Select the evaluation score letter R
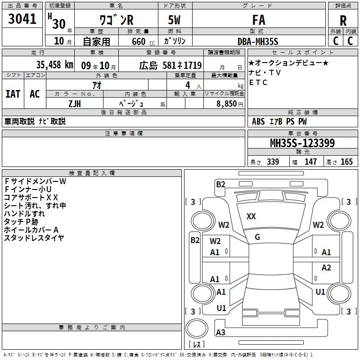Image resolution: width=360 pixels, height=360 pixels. pyautogui.click(x=343, y=21)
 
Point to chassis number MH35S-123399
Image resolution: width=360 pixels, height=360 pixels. pyautogui.click(x=302, y=144)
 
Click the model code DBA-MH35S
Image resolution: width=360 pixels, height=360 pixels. pyautogui.click(x=258, y=41)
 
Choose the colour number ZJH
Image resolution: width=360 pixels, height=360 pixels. pyautogui.click(x=74, y=104)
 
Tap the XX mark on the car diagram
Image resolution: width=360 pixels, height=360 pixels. pyautogui.click(x=251, y=216)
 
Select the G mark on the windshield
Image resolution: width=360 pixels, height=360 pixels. pyautogui.click(x=257, y=237)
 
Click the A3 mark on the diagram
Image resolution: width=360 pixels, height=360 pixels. pyautogui.click(x=220, y=333)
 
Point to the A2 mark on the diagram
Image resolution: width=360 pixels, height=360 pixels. pyautogui.click(x=326, y=268)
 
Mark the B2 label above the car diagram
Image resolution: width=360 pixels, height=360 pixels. pyautogui.click(x=220, y=184)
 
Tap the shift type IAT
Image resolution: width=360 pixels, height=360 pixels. pyautogui.click(x=13, y=94)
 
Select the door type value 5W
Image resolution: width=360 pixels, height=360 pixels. pyautogui.click(x=175, y=21)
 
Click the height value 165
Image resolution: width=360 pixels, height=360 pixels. pyautogui.click(x=346, y=162)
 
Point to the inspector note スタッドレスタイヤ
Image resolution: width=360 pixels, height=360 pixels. pyautogui.click(x=34, y=238)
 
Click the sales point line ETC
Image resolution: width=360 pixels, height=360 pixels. pyautogui.click(x=258, y=82)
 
